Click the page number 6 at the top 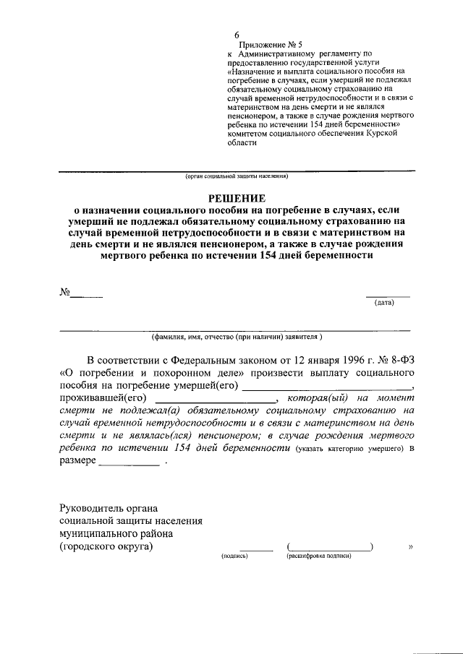pos(237,35)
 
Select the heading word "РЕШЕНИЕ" pos(237,197)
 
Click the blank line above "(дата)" pos(387,296)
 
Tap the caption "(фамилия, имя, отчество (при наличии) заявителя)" pos(237,337)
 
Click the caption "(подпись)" pos(234,556)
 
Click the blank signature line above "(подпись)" pos(256,549)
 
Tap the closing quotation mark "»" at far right pos(411,547)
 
